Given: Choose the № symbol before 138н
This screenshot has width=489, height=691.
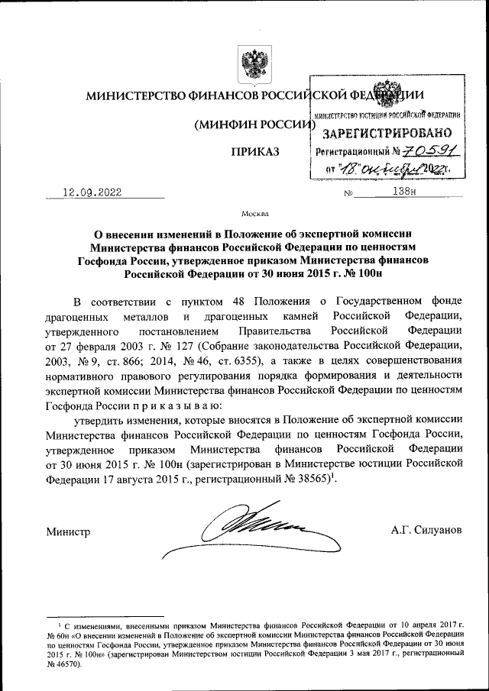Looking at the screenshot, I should point(348,193).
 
